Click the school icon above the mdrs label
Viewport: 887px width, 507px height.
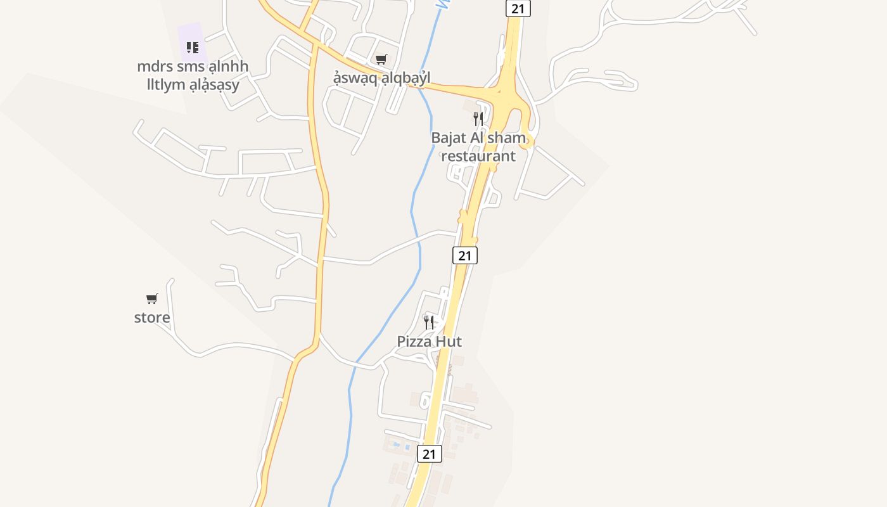[x=193, y=47]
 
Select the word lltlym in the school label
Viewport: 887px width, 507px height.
[x=167, y=84]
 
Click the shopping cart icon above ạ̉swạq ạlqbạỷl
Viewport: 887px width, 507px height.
[x=381, y=59]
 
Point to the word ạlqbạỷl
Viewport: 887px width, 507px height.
[x=401, y=77]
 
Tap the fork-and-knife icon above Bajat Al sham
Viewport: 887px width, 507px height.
[x=478, y=119]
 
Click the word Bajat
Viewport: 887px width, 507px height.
[x=449, y=138]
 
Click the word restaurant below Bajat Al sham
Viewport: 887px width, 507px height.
[x=478, y=155]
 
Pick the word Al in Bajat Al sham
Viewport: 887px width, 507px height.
[x=478, y=138]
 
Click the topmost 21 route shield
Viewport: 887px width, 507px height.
[x=518, y=8]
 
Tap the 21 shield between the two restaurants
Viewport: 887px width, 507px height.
[x=465, y=255]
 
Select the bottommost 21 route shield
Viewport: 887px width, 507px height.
[x=430, y=454]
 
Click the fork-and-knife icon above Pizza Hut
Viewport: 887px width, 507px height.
[x=429, y=322]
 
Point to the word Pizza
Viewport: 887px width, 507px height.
[x=414, y=342]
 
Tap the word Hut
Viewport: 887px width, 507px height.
[x=449, y=342]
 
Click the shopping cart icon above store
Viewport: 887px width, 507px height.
[x=152, y=298]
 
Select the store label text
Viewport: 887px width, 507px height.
[x=152, y=318]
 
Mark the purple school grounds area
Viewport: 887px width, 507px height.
[x=190, y=35]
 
